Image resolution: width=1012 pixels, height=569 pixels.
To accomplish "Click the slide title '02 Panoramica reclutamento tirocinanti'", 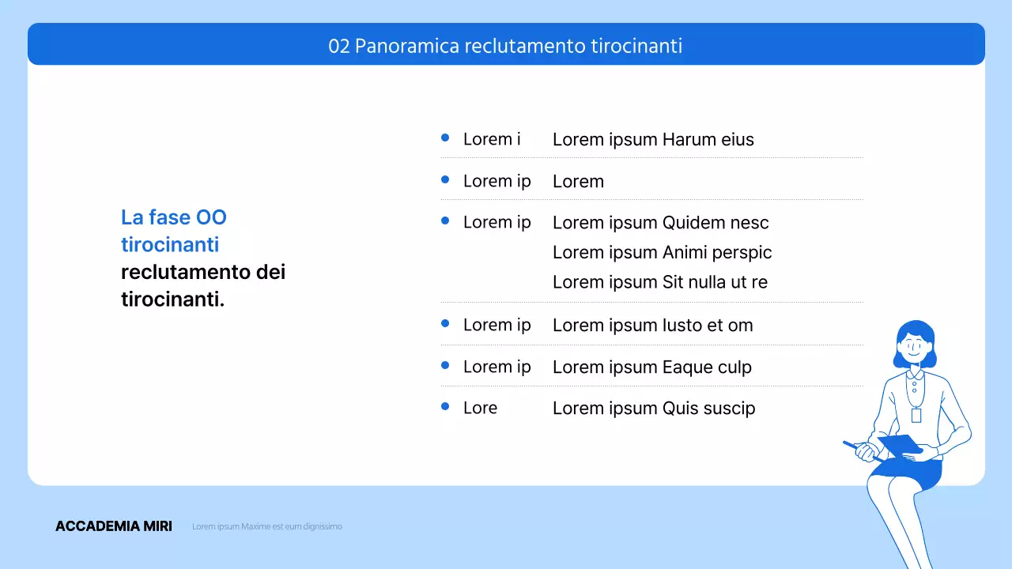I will pyautogui.click(x=505, y=47).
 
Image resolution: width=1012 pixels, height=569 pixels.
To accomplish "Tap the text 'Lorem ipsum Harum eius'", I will pyautogui.click(x=653, y=140).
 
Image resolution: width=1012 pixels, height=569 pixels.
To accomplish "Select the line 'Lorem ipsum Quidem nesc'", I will pyautogui.click(x=660, y=223).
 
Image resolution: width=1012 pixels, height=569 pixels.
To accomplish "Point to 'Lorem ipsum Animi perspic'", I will pyautogui.click(x=662, y=252).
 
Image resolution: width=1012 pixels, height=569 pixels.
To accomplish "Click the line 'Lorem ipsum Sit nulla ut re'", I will pyautogui.click(x=659, y=282).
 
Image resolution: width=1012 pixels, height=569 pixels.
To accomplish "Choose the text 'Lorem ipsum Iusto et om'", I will pyautogui.click(x=652, y=325).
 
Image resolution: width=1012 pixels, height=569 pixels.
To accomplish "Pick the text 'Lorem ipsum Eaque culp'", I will pyautogui.click(x=651, y=367).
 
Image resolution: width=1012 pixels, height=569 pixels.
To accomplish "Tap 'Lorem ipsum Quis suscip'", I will pyautogui.click(x=653, y=409).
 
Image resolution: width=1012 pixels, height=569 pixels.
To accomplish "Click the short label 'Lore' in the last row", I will pyautogui.click(x=480, y=408).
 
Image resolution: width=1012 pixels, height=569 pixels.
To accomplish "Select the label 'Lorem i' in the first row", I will pyautogui.click(x=492, y=139).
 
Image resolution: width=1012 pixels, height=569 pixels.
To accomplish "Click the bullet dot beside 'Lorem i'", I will pyautogui.click(x=445, y=138).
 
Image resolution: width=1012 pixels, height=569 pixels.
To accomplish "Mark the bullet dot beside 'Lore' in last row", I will pyautogui.click(x=445, y=406).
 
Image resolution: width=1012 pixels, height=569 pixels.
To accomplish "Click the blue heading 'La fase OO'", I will pyautogui.click(x=174, y=217).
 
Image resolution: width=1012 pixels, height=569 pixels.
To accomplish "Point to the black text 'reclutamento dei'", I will pyautogui.click(x=203, y=272).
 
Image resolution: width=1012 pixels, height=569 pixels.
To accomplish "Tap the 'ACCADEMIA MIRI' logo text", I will pyautogui.click(x=114, y=526).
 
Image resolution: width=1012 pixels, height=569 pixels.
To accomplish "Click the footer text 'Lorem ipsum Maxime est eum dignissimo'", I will pyautogui.click(x=267, y=526).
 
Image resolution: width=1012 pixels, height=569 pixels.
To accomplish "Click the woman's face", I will pyautogui.click(x=914, y=348).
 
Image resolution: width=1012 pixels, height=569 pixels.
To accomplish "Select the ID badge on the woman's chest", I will pyautogui.click(x=916, y=415).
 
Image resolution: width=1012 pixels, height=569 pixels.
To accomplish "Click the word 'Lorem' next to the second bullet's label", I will pyautogui.click(x=578, y=182).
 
